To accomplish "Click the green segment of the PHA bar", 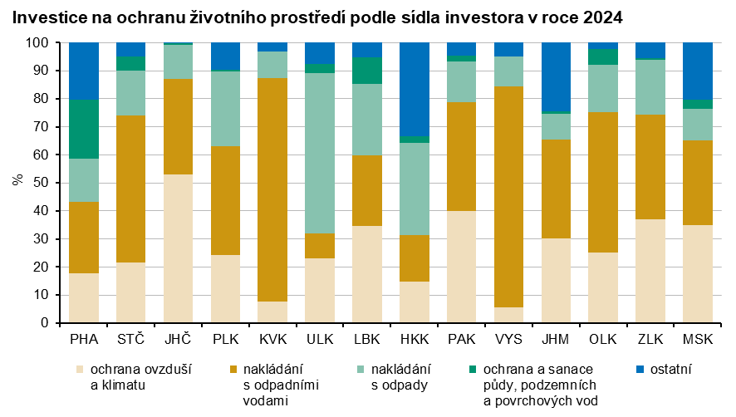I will point(84,129).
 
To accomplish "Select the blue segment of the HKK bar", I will point(415,89).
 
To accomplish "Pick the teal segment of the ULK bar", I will point(320,154).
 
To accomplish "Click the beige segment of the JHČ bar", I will point(178,248).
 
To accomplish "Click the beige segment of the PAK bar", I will point(462,267).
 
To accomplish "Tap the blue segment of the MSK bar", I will point(698,71).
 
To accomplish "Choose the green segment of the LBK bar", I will point(367,71).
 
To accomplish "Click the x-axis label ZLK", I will point(650,339).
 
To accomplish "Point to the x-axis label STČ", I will point(131,339).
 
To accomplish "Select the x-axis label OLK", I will point(603,339).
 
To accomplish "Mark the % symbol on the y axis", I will point(17,182).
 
